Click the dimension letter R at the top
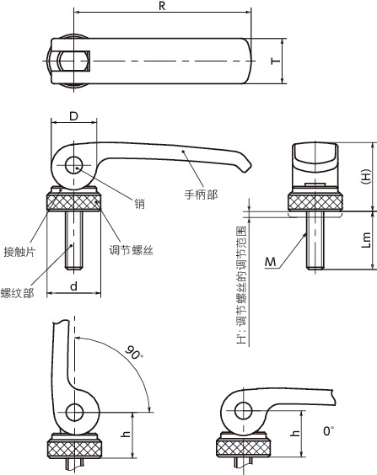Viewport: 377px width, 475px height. coord(162,6)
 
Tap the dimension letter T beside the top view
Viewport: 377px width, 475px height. coord(276,61)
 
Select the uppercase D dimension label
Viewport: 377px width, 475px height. coord(73,116)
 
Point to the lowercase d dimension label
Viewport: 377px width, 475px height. coord(73,286)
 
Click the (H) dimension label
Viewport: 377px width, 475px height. coord(366,176)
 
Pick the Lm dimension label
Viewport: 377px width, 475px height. coord(366,240)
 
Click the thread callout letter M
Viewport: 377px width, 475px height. coord(270,262)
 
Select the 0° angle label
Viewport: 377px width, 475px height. coord(328,430)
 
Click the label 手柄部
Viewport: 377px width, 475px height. coord(201,195)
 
